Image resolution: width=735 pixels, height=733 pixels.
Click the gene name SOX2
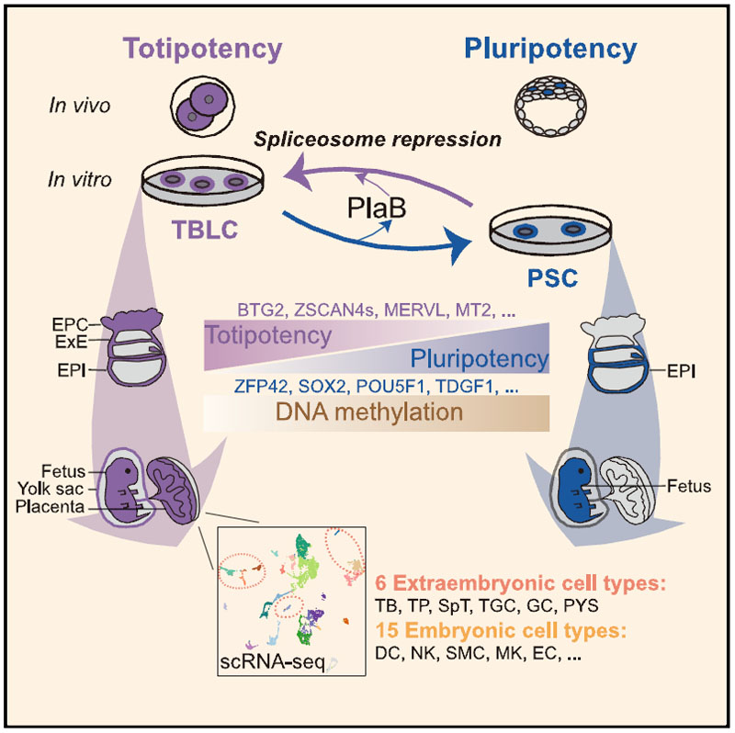[x=329, y=389]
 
